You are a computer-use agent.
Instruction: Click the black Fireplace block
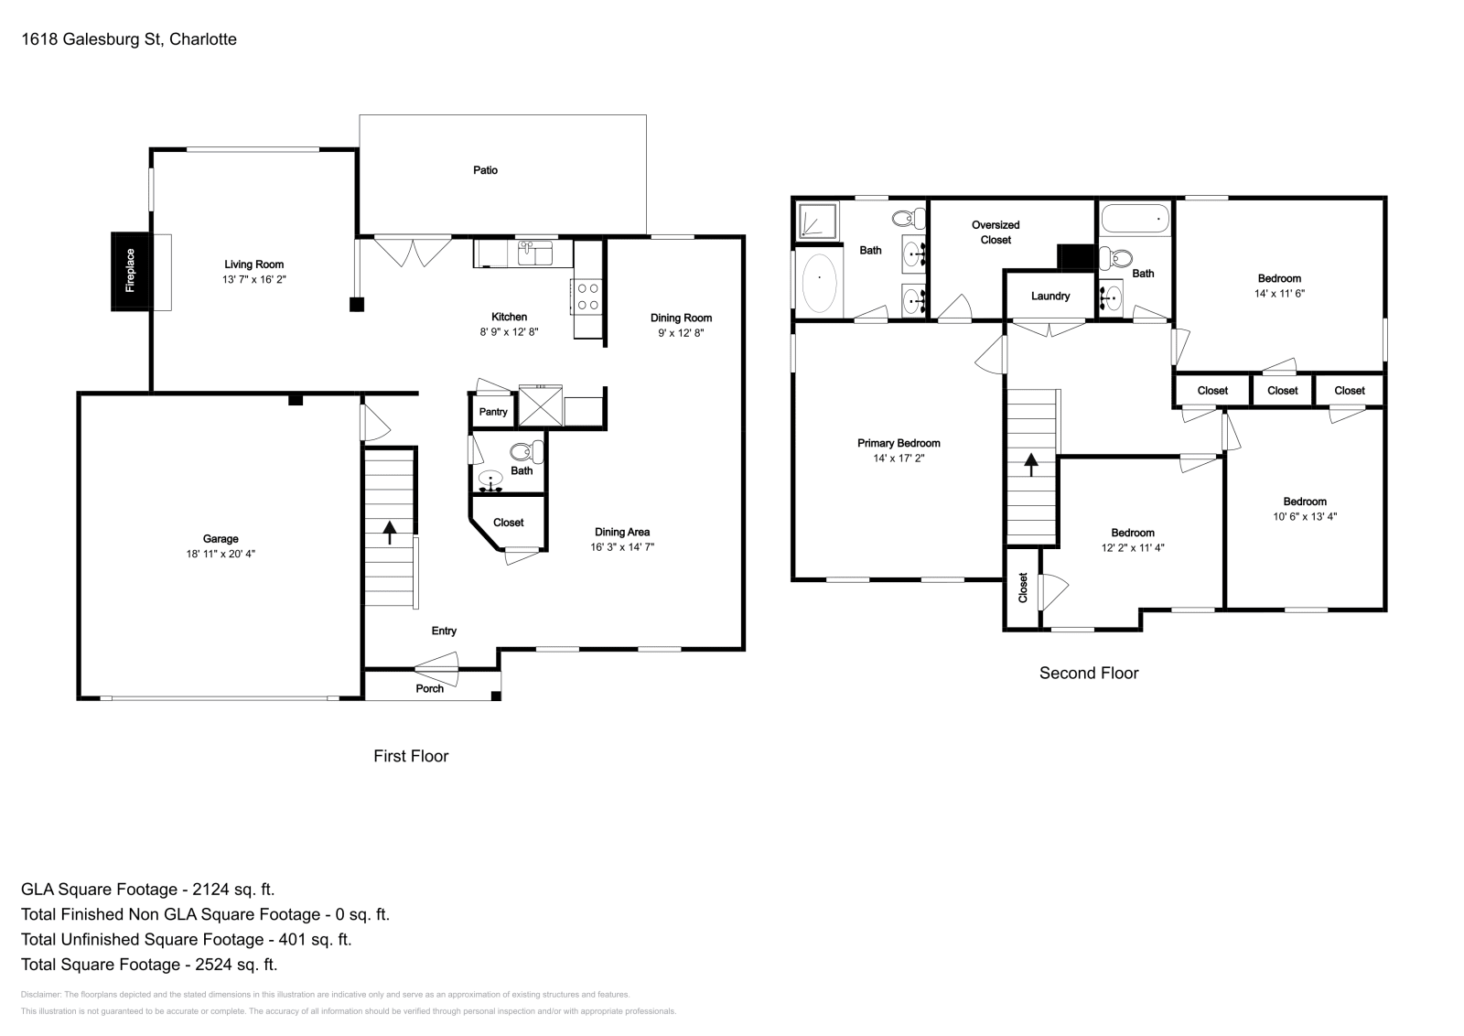(x=131, y=271)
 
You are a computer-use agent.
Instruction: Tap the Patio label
(x=486, y=170)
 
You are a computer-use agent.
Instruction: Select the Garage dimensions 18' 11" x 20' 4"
(x=221, y=555)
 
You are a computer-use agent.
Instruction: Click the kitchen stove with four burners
(x=587, y=297)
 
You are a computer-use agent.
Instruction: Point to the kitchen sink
(x=535, y=253)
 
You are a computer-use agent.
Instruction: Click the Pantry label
(x=493, y=412)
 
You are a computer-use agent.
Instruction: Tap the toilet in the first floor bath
(x=526, y=452)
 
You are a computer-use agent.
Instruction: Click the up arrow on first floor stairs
(x=390, y=532)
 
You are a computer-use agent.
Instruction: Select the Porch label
(x=429, y=689)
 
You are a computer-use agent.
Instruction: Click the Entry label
(x=444, y=631)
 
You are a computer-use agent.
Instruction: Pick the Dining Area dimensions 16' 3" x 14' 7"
(x=622, y=547)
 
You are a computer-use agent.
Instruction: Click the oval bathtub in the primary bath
(x=819, y=283)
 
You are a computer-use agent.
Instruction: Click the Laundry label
(x=1050, y=297)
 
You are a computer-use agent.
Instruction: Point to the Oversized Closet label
(x=996, y=232)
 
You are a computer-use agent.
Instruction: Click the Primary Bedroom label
(x=899, y=443)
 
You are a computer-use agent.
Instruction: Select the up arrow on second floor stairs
(x=1031, y=465)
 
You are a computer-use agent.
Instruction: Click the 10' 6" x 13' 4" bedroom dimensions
(x=1305, y=516)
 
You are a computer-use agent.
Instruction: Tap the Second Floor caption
(x=1089, y=674)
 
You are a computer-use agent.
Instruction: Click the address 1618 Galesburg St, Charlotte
(x=129, y=39)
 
